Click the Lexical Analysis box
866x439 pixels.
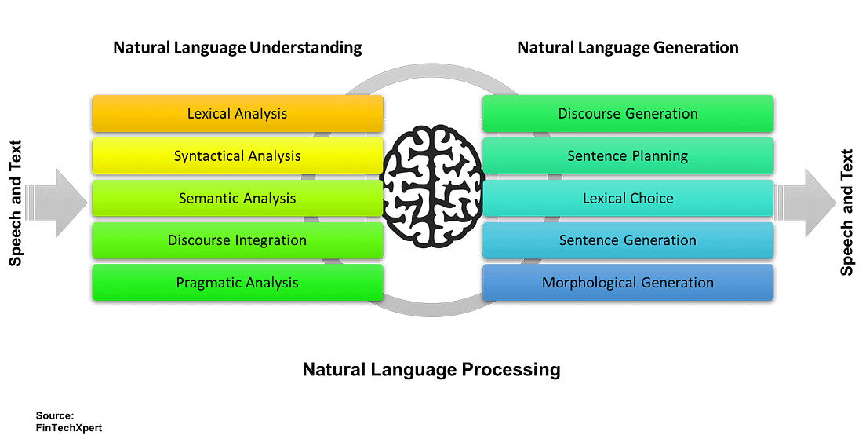point(237,113)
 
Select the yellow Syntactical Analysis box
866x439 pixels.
point(237,155)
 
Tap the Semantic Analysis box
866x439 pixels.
point(237,198)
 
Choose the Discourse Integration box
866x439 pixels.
point(237,240)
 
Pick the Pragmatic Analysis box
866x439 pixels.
point(237,283)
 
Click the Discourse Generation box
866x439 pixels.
point(628,113)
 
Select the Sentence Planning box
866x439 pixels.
point(628,155)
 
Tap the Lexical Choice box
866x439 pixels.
point(628,198)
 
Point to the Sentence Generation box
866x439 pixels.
point(628,240)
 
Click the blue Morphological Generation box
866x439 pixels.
point(628,283)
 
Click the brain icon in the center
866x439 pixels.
point(432,185)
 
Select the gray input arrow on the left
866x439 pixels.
point(60,202)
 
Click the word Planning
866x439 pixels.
point(660,156)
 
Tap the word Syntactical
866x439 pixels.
point(206,156)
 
